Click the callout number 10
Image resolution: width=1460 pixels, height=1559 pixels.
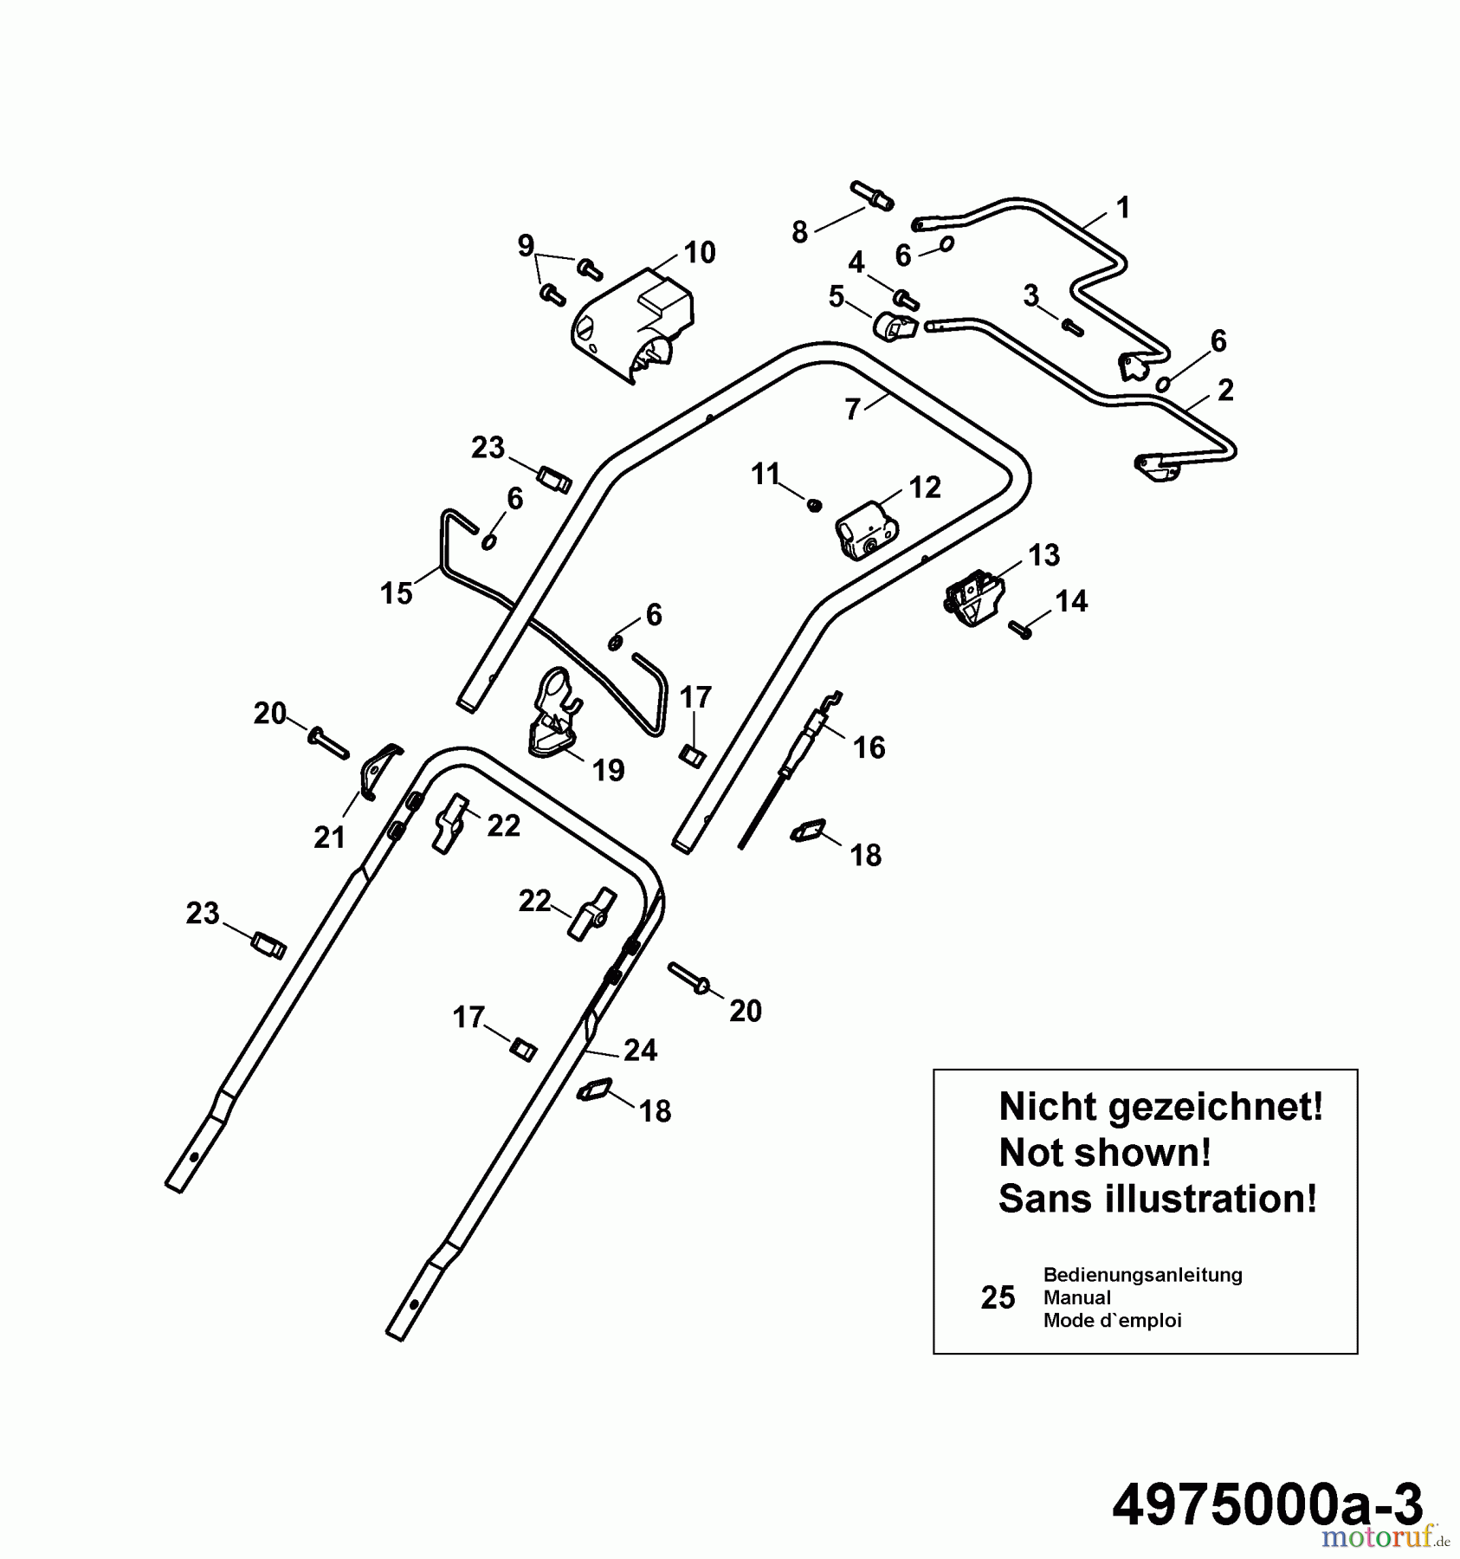700,252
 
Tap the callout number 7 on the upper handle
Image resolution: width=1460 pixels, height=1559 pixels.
853,409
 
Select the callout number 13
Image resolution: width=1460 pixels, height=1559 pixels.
1044,555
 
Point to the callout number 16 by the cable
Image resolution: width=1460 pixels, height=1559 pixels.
869,747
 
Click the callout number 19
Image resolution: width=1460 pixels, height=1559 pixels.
609,769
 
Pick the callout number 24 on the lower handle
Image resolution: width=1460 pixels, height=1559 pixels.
640,1050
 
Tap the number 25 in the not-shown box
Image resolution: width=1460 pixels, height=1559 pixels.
998,1297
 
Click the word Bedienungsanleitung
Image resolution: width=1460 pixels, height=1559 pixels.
1142,1274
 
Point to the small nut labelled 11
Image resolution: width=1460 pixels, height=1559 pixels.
813,504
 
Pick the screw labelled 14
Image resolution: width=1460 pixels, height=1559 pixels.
1019,629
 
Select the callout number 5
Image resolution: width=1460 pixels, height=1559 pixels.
836,297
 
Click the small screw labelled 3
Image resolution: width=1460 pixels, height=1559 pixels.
1073,327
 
